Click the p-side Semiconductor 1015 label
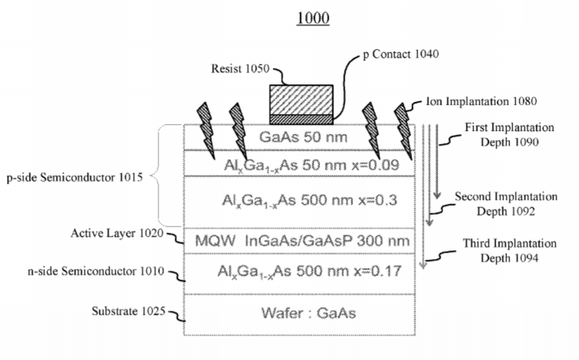click(77, 177)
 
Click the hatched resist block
click(299, 100)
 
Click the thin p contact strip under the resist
click(299, 119)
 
